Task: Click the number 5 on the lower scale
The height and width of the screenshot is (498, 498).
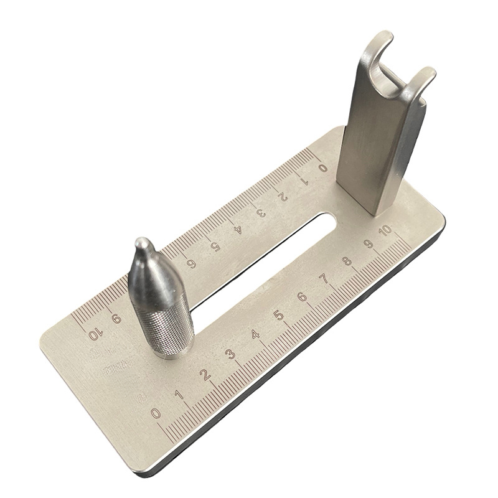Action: pos(279,316)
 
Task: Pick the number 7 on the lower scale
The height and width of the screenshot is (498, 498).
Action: pos(325,280)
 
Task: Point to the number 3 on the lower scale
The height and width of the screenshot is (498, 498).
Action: pos(230,354)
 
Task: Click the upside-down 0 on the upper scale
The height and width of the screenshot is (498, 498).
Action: pos(322,167)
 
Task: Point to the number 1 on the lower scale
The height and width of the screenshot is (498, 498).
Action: pos(180,393)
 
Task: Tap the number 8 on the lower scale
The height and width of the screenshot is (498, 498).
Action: pos(347,262)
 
